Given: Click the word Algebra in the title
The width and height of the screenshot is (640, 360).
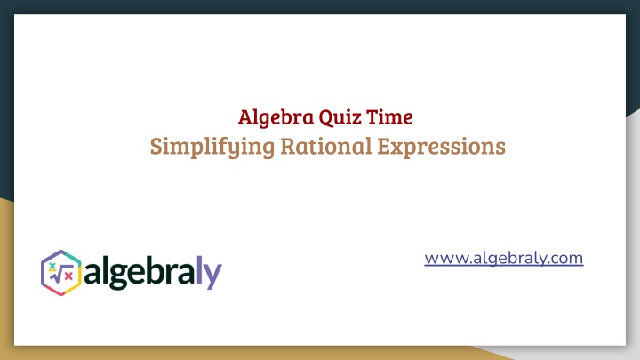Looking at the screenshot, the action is pos(276,118).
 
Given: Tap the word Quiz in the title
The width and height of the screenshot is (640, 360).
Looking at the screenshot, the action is pos(340,117).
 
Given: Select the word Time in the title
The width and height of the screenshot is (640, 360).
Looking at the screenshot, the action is pos(389,117).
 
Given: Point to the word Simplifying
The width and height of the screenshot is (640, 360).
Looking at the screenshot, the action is pos(212,147).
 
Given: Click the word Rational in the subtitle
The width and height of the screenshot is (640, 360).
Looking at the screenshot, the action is pos(326,146).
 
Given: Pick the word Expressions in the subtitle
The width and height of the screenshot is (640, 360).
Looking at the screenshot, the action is pos(441,147).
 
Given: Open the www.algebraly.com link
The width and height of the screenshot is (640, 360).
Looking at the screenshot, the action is pos(504,258).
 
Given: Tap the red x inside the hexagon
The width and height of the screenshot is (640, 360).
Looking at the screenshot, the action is pos(68,276).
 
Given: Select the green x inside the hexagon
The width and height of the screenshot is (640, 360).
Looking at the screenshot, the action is pos(52,266).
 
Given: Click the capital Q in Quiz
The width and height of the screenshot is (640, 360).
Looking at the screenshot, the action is pos(326,118).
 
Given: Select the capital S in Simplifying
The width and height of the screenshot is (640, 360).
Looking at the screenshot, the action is pos(156,147).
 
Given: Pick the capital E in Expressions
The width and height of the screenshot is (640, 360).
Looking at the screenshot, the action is pos(385,146).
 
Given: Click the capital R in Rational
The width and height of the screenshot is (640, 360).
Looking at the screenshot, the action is pos(288,146).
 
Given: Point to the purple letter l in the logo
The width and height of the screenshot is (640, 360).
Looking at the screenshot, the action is pos(199,270).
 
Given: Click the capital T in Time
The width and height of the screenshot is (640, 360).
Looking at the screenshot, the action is pos(373,117).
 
